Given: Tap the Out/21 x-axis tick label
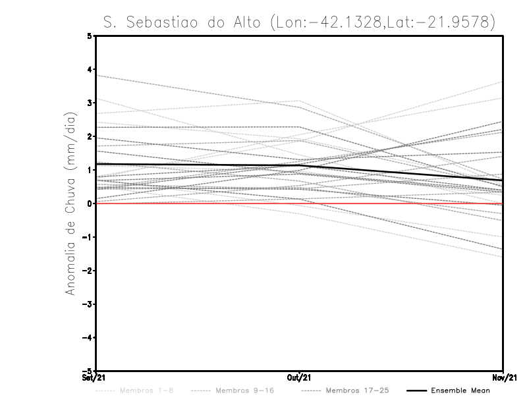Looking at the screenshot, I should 300,377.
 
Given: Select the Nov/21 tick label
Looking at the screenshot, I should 503,377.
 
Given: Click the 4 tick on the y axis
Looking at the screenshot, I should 90,69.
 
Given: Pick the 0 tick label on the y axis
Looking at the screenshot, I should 90,203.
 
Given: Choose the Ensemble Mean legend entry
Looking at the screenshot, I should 460,391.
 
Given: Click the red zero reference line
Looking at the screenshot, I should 198,203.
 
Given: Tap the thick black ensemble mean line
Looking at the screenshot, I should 198,165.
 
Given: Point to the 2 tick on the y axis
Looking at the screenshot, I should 90,136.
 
